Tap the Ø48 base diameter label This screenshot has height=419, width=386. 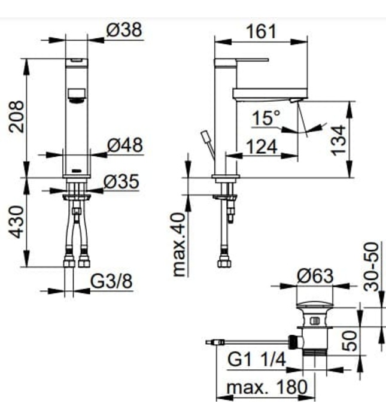[124, 145]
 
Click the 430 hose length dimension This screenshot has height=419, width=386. [17, 222]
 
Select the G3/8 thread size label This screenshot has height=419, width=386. [111, 281]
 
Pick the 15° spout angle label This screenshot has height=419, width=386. [265, 118]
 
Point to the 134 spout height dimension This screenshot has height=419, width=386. [339, 140]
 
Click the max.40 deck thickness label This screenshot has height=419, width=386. [179, 245]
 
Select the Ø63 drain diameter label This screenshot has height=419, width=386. [315, 277]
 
